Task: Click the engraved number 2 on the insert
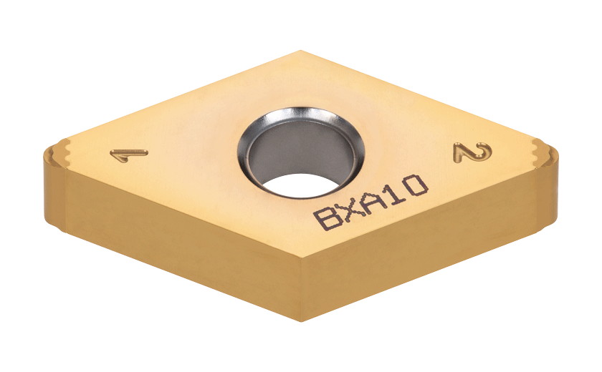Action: coord(473,151)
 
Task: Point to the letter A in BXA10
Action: coord(374,200)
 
